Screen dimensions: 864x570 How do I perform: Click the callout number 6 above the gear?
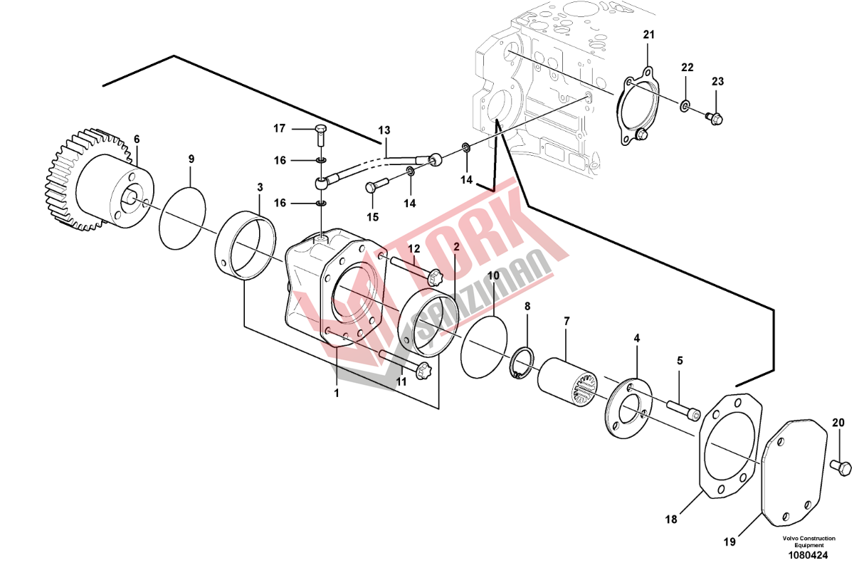[137, 139]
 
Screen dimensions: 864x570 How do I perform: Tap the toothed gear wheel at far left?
[96, 179]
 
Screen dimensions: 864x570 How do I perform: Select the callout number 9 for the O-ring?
[191, 159]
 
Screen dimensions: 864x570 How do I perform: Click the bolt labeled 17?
[321, 135]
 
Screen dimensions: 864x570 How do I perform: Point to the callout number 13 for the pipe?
[384, 130]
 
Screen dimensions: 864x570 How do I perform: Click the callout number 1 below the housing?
[337, 393]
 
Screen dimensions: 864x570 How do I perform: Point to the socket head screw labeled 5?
[683, 411]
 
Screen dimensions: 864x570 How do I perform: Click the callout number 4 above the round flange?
[636, 338]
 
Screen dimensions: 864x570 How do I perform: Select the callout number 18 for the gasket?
[671, 519]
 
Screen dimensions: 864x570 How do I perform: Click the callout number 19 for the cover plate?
[729, 542]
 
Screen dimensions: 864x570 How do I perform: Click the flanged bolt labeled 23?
[715, 118]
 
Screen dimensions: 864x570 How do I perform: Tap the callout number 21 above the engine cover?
[649, 35]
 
